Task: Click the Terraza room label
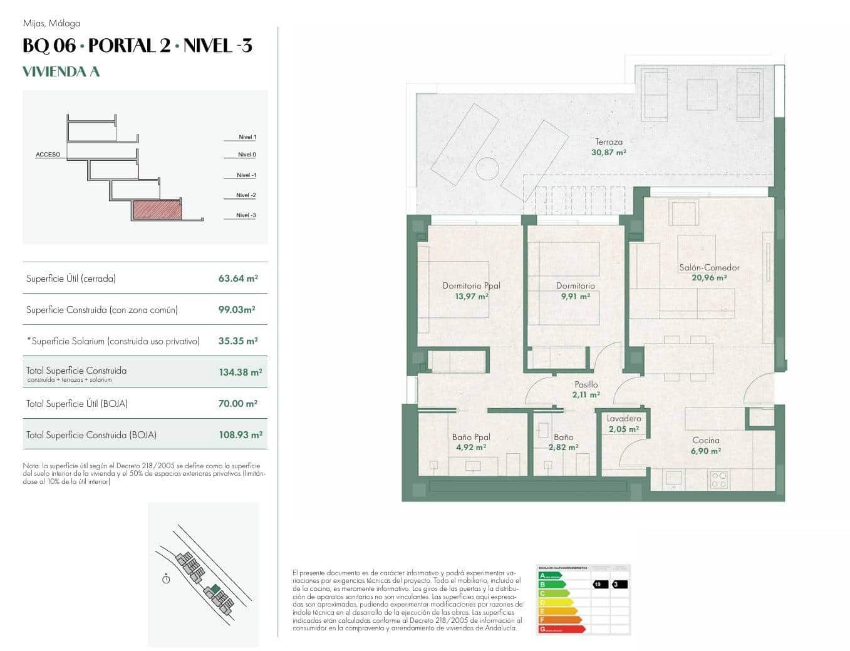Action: [608, 141]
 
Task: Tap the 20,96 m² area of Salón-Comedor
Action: [709, 278]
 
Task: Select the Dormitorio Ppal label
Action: [471, 285]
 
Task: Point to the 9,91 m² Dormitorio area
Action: [575, 297]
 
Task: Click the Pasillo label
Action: [586, 384]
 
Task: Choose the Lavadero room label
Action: [623, 418]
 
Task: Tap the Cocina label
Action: [705, 440]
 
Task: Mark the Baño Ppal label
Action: [471, 437]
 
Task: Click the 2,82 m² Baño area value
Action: [563, 448]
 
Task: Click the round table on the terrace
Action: [486, 168]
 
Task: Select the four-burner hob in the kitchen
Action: [718, 479]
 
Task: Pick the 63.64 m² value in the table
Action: [238, 279]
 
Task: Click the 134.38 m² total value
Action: [240, 372]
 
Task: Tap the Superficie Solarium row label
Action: [113, 341]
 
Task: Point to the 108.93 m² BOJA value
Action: [240, 434]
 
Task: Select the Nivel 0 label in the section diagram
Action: [247, 155]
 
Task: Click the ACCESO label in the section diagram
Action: [48, 154]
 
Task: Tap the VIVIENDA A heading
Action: [61, 72]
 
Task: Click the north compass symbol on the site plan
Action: [166, 579]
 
